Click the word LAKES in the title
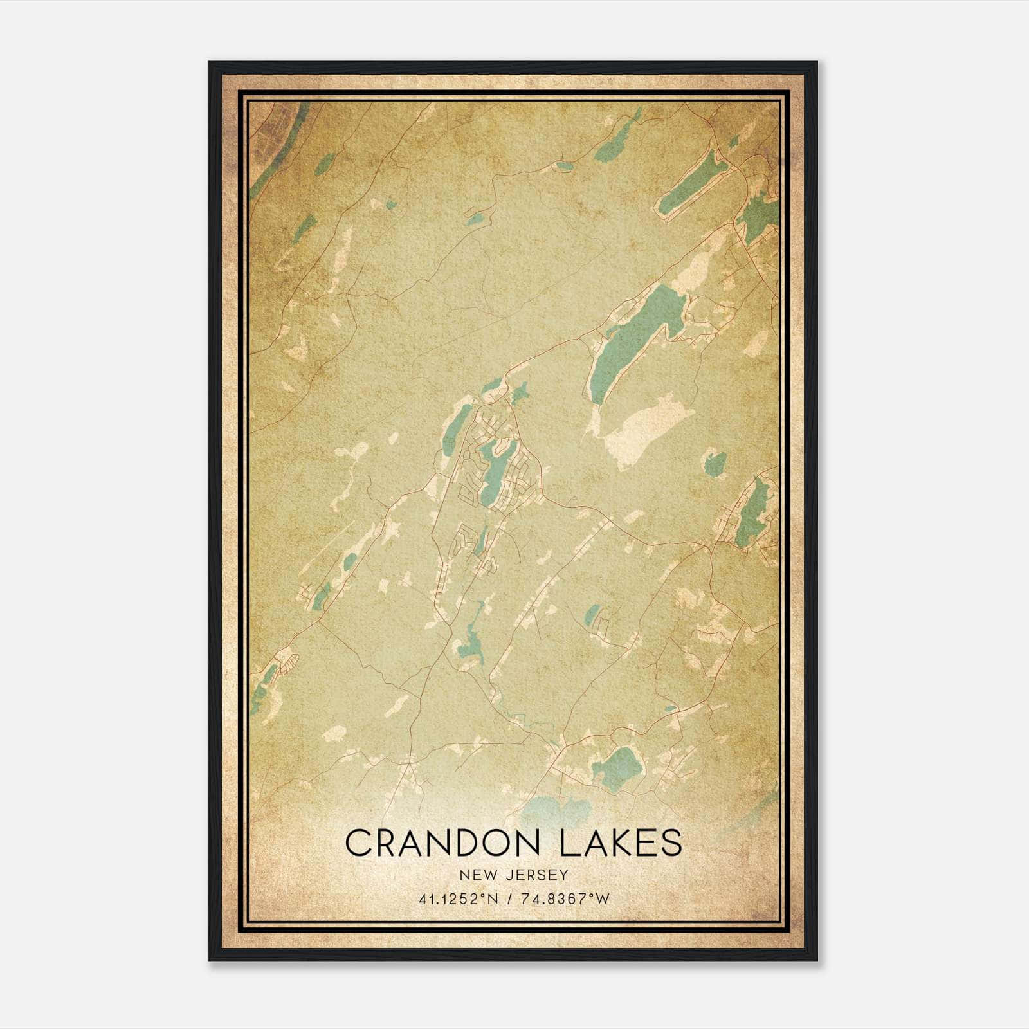(622, 842)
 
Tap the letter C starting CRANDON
(360, 842)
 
